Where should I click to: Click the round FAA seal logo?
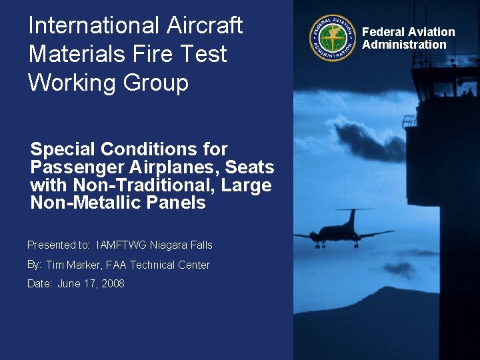pyautogui.click(x=332, y=38)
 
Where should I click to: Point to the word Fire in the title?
pyautogui.click(x=153, y=54)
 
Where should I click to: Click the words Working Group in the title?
pyautogui.click(x=108, y=83)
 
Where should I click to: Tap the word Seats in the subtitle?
pyautogui.click(x=249, y=167)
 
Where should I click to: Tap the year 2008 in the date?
pyautogui.click(x=113, y=283)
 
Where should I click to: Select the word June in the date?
pyautogui.click(x=69, y=283)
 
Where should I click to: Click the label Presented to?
pyautogui.click(x=59, y=245)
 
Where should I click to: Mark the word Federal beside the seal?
pyautogui.click(x=383, y=32)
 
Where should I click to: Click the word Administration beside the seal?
pyautogui.click(x=404, y=45)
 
